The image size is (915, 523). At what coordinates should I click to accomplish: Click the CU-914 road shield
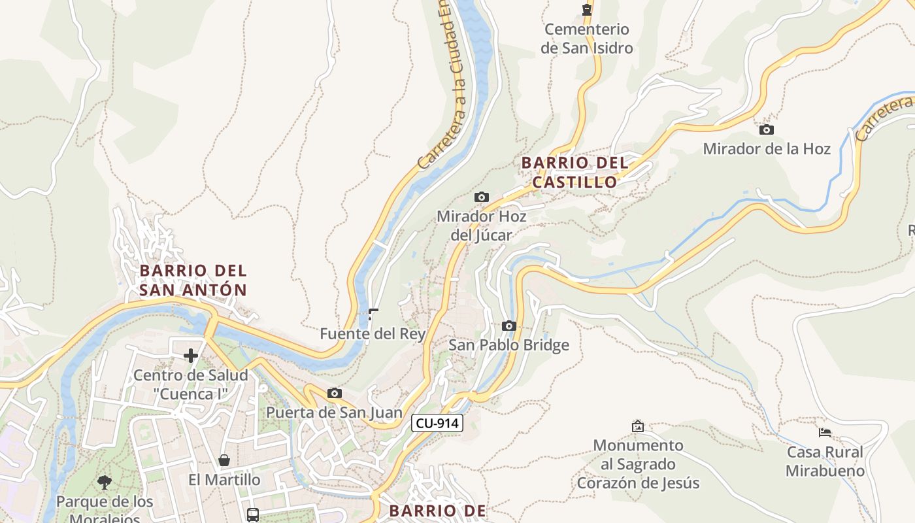click(437, 423)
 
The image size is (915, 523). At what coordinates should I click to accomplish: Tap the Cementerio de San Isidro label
click(586, 39)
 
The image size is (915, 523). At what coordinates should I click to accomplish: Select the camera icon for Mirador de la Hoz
click(767, 129)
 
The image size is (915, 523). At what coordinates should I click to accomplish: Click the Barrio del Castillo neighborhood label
click(575, 173)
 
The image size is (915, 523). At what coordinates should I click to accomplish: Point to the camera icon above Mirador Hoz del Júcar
click(482, 197)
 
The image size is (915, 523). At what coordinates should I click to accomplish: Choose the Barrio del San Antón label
click(193, 280)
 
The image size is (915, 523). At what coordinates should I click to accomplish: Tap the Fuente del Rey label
click(373, 334)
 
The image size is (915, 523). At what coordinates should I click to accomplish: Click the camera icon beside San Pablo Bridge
click(509, 326)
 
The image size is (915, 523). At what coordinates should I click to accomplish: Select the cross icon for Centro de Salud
click(191, 356)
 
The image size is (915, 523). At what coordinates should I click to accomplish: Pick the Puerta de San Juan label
click(334, 413)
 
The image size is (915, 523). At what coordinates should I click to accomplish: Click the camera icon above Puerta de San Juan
click(335, 393)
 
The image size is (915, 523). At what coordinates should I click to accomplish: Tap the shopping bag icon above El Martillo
click(224, 460)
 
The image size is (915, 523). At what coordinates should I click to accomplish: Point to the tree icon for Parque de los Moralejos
click(104, 482)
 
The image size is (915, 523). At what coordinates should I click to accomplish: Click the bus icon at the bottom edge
click(253, 515)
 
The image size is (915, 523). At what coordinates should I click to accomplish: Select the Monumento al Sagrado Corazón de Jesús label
click(638, 464)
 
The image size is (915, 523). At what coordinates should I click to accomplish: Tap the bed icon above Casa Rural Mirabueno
click(825, 432)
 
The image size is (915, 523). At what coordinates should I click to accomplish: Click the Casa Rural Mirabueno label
click(825, 461)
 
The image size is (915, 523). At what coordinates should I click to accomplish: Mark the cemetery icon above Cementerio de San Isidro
click(587, 9)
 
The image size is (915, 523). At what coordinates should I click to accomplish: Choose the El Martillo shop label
click(224, 480)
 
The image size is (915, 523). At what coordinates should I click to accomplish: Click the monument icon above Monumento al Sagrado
click(638, 426)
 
